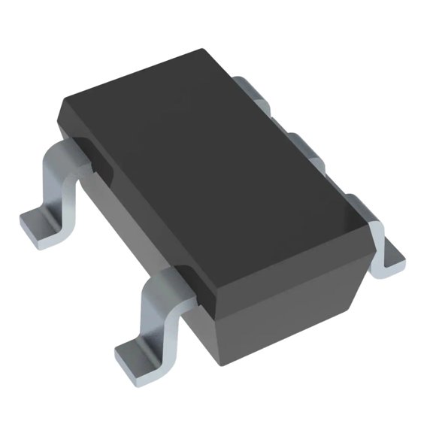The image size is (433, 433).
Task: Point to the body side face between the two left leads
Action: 139,226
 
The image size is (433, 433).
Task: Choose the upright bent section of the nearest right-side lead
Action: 376,241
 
